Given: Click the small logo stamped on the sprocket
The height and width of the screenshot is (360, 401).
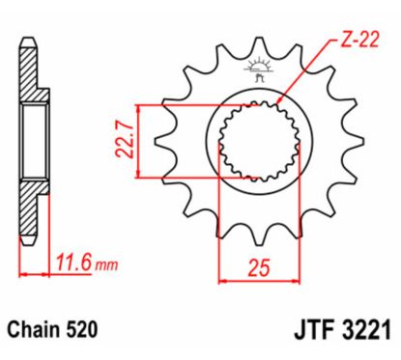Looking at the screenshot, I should click(x=259, y=71).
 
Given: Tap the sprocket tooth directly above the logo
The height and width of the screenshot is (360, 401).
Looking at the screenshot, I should click(x=259, y=45).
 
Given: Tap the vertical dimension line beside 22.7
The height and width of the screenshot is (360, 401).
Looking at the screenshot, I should click(x=142, y=139).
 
